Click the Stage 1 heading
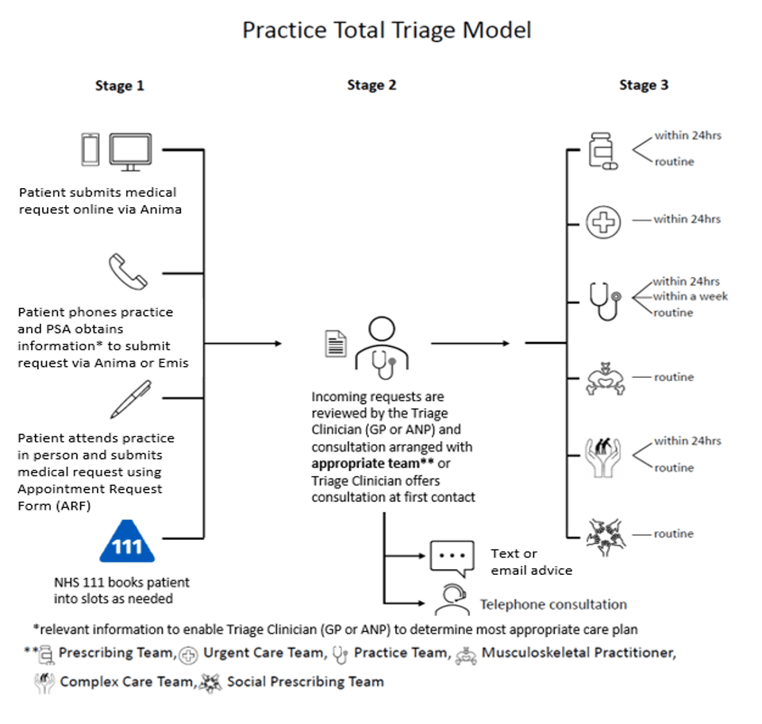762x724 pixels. coord(119,86)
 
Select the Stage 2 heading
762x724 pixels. coord(371,85)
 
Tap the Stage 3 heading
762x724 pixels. coord(644,85)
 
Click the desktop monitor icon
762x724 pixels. coord(130,150)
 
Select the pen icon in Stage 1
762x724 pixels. coord(130,399)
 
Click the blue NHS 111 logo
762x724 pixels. coord(128,542)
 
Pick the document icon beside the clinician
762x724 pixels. coord(337,344)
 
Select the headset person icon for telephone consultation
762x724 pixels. coord(450,600)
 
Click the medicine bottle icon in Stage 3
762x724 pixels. coord(602,150)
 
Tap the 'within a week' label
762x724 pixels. coord(691,297)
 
